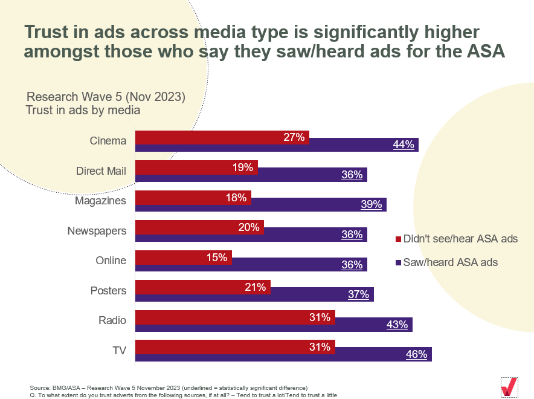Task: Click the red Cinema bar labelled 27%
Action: (222, 137)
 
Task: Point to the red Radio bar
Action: (234, 317)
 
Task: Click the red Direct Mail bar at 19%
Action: (196, 167)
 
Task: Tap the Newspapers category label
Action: (100, 230)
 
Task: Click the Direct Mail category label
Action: (101, 170)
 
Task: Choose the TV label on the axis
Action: (119, 350)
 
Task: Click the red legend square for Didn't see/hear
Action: (397, 239)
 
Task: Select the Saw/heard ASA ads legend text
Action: (450, 262)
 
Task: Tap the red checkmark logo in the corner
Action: (509, 386)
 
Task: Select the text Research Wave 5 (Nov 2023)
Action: (106, 97)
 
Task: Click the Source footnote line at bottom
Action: (169, 387)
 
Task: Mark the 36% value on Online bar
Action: (352, 265)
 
